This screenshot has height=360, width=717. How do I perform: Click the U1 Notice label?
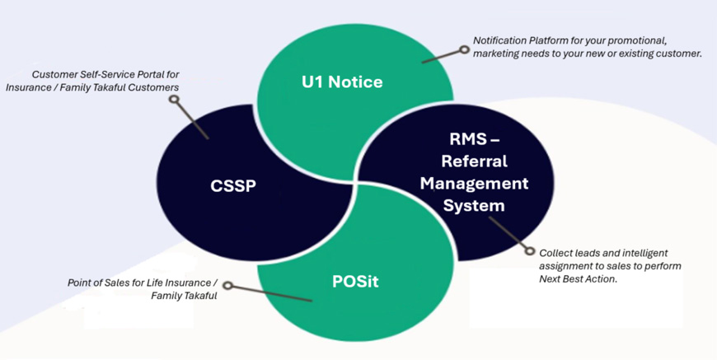pyautogui.click(x=341, y=82)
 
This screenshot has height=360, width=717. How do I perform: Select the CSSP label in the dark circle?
pyautogui.click(x=233, y=185)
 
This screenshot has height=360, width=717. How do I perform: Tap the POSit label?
pyautogui.click(x=355, y=282)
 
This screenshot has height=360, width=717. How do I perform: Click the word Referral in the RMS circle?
pyautogui.click(x=474, y=161)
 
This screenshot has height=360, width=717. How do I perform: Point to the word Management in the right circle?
pyautogui.click(x=474, y=183)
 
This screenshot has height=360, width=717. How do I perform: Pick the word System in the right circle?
pyautogui.click(x=474, y=205)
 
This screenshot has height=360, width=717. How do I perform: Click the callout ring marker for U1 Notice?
pyautogui.click(x=465, y=49)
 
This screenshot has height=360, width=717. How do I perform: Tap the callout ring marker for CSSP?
pyautogui.click(x=174, y=100)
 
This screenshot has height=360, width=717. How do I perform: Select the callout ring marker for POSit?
pyautogui.click(x=228, y=287)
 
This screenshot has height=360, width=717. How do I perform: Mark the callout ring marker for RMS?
pyautogui.click(x=531, y=251)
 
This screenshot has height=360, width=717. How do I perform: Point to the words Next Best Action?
pyautogui.click(x=578, y=279)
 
